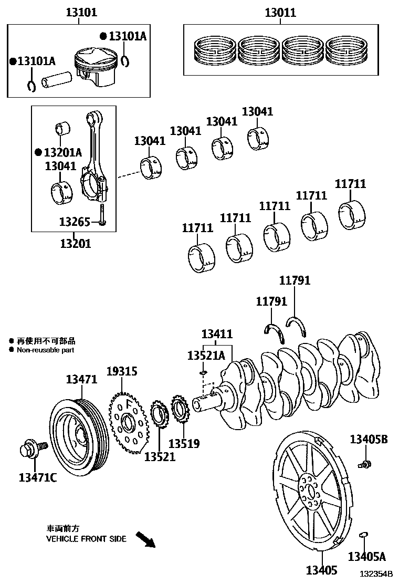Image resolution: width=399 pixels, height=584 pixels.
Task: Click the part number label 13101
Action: (x=81, y=12)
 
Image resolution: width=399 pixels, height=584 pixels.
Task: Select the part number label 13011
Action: (x=280, y=12)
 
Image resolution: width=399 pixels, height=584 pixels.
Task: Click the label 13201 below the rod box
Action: (x=75, y=243)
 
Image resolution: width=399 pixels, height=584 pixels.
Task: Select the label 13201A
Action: (x=62, y=152)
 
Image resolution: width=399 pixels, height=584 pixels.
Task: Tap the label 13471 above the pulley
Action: (x=81, y=379)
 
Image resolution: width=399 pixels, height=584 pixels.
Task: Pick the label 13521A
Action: (x=206, y=356)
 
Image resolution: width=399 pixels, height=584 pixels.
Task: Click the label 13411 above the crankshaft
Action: (x=217, y=334)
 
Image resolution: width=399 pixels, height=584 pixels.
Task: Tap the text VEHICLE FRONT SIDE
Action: (x=86, y=539)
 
